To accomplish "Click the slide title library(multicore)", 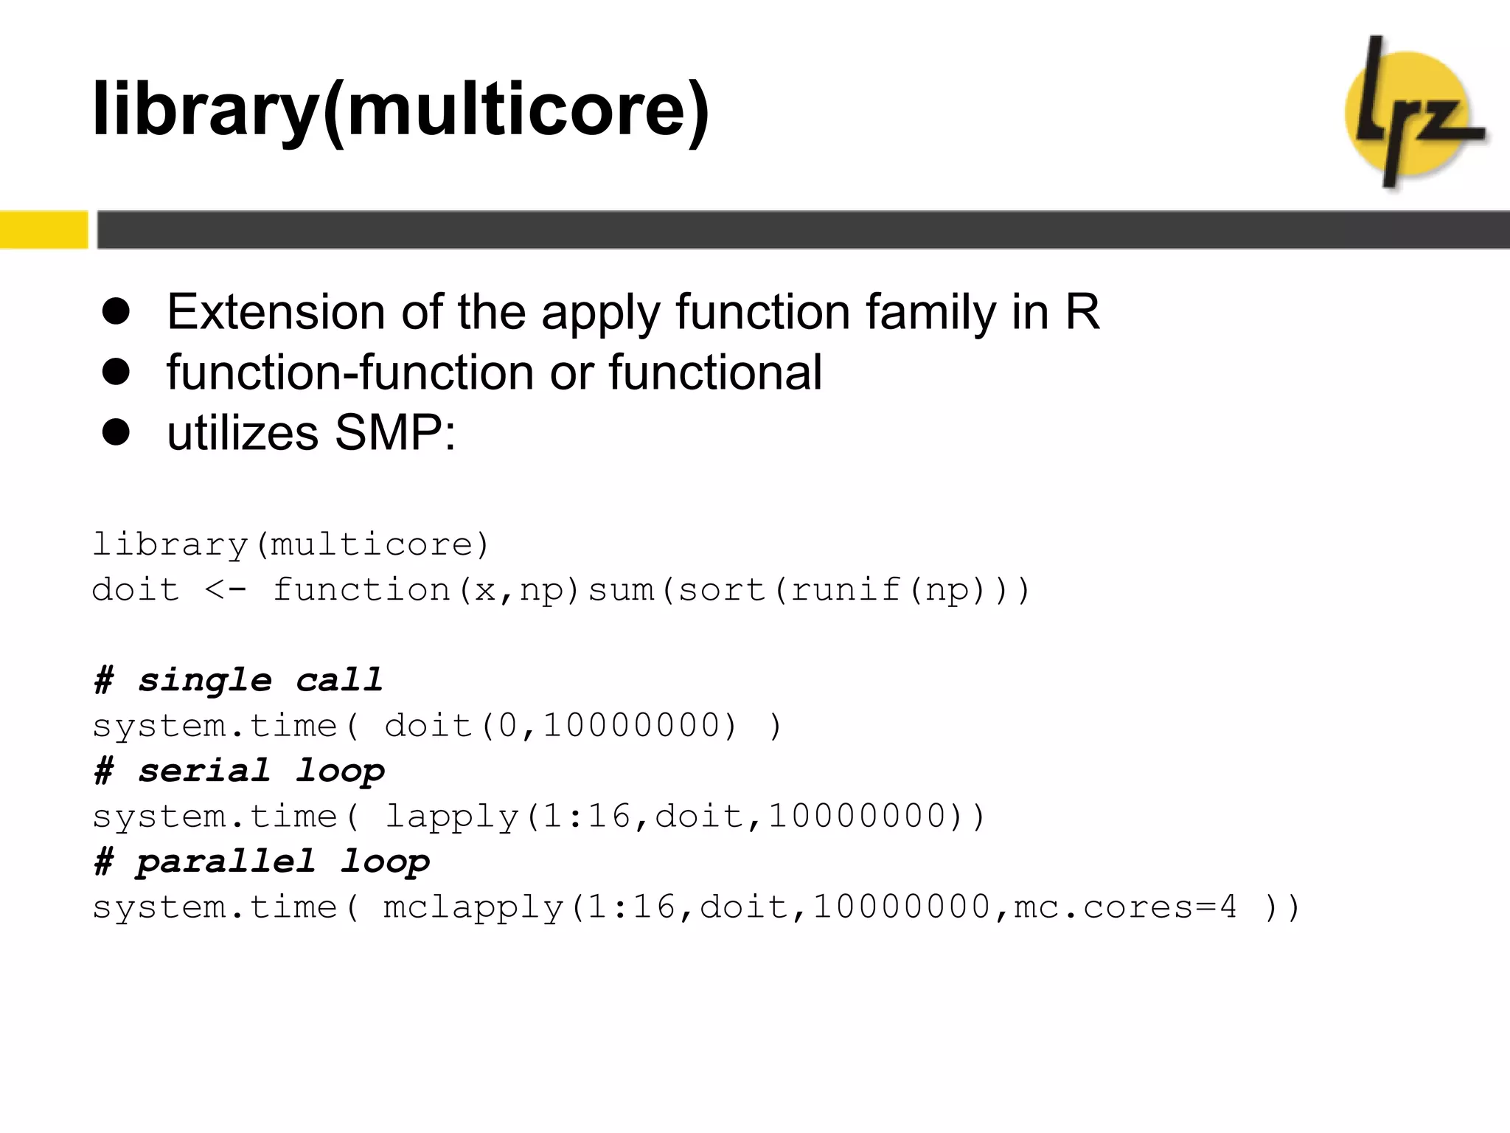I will pos(400,109).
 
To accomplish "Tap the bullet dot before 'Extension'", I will pos(116,311).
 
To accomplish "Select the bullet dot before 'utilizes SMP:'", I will pos(116,432).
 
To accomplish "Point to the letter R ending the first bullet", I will pos(1082,311).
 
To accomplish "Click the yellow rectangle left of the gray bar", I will pos(44,229).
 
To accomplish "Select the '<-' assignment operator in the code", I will pos(224,590).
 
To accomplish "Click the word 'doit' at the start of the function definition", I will pos(135,590).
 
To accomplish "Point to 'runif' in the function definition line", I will pos(845,590).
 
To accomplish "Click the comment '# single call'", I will pos(238,680).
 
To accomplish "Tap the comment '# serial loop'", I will pos(239,771).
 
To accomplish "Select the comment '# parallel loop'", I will pos(261,862).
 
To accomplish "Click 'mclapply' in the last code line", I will pos(473,907).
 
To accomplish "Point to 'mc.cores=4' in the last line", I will pos(1125,907).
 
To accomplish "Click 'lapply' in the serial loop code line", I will pos(451,817).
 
